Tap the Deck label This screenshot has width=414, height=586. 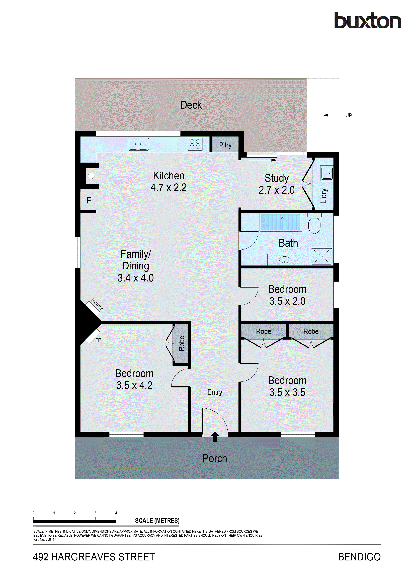[x=191, y=105]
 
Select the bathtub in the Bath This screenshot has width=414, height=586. [x=281, y=222]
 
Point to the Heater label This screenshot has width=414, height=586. [x=97, y=304]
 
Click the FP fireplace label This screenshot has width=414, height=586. [x=98, y=340]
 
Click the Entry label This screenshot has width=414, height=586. [x=215, y=392]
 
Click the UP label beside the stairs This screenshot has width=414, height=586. [x=348, y=115]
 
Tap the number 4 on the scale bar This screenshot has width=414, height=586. [x=116, y=513]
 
